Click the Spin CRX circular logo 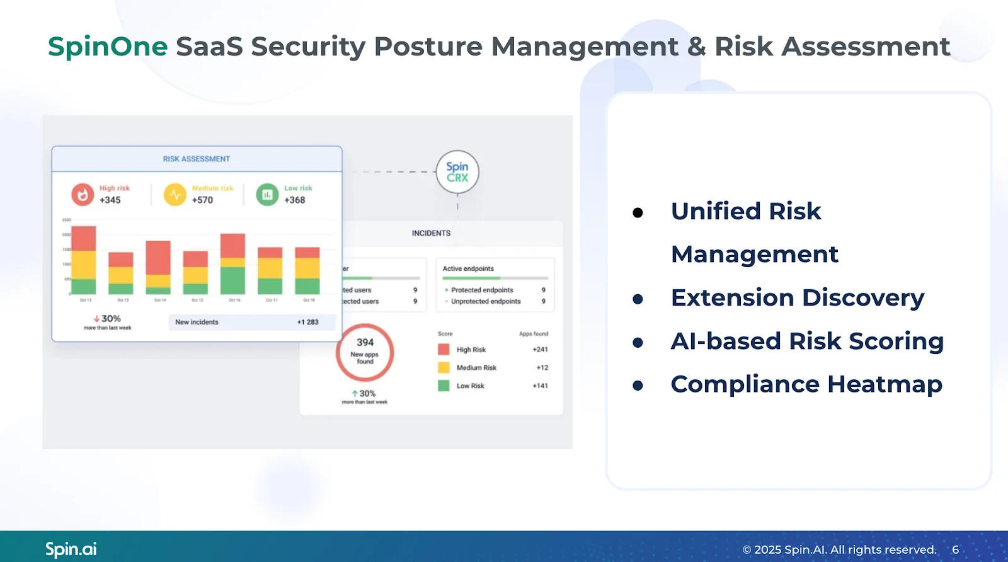tap(457, 172)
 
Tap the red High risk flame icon tap(83, 195)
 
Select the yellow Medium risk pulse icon tap(175, 195)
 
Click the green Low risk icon tap(267, 195)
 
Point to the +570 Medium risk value tap(202, 200)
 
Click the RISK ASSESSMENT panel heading tap(196, 159)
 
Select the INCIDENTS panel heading tap(431, 233)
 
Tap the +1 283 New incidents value tap(307, 322)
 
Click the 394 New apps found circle tap(365, 352)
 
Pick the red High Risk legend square tap(444, 349)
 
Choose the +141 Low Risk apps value tap(540, 386)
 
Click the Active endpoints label tap(468, 268)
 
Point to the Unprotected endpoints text tap(486, 302)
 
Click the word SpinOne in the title tap(108, 47)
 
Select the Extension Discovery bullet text tap(797, 297)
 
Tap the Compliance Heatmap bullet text tap(806, 384)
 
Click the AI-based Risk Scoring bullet tap(807, 341)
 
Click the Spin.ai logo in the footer tap(71, 549)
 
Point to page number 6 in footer tap(955, 549)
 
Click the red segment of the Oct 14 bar tap(158, 257)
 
